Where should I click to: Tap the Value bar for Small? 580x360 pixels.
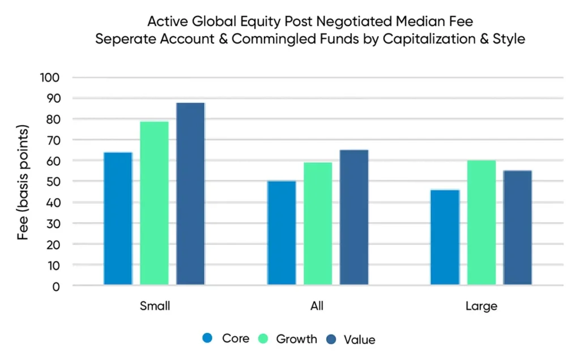(190, 194)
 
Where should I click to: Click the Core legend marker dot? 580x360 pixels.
(207, 338)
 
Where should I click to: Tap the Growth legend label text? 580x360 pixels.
(296, 339)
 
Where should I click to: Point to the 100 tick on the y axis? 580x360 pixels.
(50, 78)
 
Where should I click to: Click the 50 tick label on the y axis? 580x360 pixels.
(53, 182)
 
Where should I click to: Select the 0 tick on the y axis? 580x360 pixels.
(56, 286)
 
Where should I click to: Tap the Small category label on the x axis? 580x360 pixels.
(155, 306)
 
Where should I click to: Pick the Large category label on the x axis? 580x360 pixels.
(481, 306)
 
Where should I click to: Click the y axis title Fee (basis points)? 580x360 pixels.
(23, 182)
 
